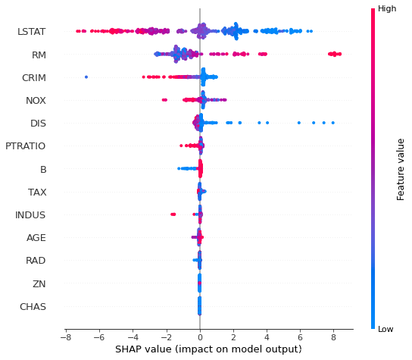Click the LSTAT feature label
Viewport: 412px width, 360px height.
point(31,32)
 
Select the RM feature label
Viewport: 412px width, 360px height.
point(39,55)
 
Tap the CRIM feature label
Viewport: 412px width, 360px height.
point(34,78)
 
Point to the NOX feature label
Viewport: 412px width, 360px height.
point(36,100)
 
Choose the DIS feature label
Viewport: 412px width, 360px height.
point(38,123)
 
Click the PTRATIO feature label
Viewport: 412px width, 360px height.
point(25,146)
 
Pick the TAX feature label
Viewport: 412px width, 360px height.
point(37,192)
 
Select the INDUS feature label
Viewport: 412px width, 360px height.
point(30,215)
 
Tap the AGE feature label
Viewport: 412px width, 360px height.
point(36,238)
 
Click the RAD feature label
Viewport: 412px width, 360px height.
point(36,261)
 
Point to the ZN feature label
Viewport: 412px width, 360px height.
point(40,284)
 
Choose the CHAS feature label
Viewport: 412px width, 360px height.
point(33,307)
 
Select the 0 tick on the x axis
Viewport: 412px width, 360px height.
point(200,337)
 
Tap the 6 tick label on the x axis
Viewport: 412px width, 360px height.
point(300,337)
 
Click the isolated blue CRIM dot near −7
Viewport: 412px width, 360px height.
point(86,77)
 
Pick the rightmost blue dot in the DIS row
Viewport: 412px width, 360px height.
point(332,122)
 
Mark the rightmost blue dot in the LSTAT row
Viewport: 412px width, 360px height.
point(311,31)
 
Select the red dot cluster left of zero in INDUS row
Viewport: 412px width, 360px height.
point(173,214)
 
